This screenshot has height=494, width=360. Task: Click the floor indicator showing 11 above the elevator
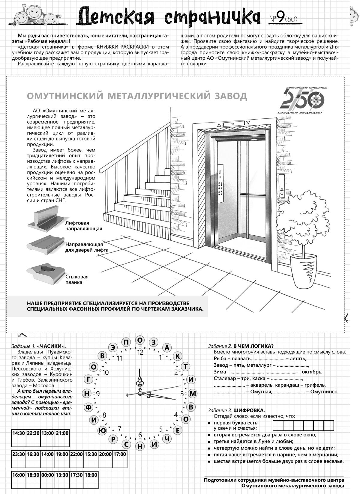233,123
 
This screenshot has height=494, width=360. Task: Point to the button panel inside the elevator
221,183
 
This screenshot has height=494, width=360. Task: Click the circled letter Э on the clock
113,347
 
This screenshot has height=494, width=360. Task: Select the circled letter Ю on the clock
102,430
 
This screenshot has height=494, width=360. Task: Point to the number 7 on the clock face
119,428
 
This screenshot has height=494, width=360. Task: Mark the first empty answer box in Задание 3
278,425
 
